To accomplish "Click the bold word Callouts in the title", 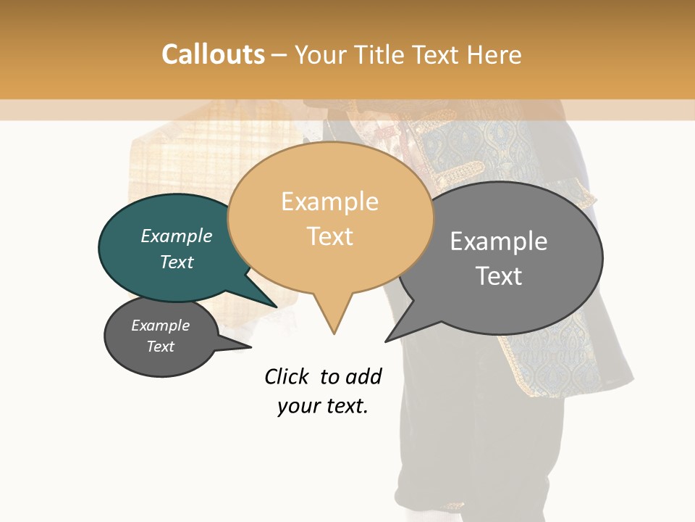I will coord(213,54).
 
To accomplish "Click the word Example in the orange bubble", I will coord(329,202).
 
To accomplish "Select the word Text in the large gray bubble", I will coord(499,276).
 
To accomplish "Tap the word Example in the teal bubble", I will coord(177,236).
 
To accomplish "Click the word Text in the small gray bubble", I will coord(161,347).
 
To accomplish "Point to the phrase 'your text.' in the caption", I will coord(323,406).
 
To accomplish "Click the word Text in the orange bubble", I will coord(330,236).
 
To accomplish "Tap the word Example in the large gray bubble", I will coord(499,241).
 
